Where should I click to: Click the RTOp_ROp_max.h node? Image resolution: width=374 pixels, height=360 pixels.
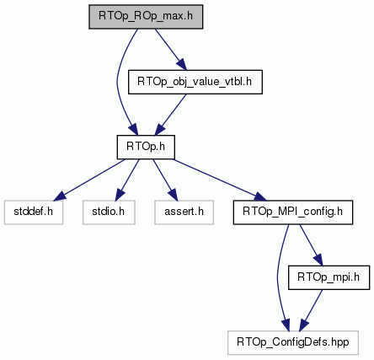click(146, 17)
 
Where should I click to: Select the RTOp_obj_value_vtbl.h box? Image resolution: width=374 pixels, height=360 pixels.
click(195, 82)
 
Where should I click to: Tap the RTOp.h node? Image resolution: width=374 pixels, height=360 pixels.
click(146, 147)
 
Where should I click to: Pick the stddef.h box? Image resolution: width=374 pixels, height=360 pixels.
click(34, 212)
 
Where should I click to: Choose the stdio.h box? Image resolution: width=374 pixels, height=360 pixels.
click(109, 212)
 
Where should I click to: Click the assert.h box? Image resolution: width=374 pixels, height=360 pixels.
click(184, 212)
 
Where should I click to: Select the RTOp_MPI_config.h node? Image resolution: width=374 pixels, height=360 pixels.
click(293, 212)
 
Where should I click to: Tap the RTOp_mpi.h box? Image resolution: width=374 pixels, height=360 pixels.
click(329, 277)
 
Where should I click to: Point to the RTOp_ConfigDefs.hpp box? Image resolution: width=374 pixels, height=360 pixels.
click(293, 342)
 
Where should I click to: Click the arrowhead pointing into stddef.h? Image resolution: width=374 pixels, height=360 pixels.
click(59, 196)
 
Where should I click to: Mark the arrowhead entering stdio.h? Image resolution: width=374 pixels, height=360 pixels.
click(120, 195)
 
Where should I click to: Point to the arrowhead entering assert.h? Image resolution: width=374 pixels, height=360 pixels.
click(173, 195)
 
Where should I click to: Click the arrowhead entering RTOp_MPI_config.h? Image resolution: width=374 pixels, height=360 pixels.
click(259, 197)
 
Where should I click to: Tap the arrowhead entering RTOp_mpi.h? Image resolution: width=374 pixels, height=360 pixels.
click(318, 260)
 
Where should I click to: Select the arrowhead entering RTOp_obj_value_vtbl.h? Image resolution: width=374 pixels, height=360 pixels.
click(181, 64)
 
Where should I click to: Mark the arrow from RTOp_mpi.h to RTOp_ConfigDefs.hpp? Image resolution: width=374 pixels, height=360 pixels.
click(311, 310)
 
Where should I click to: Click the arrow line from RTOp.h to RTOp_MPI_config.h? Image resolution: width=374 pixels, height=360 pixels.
click(220, 180)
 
